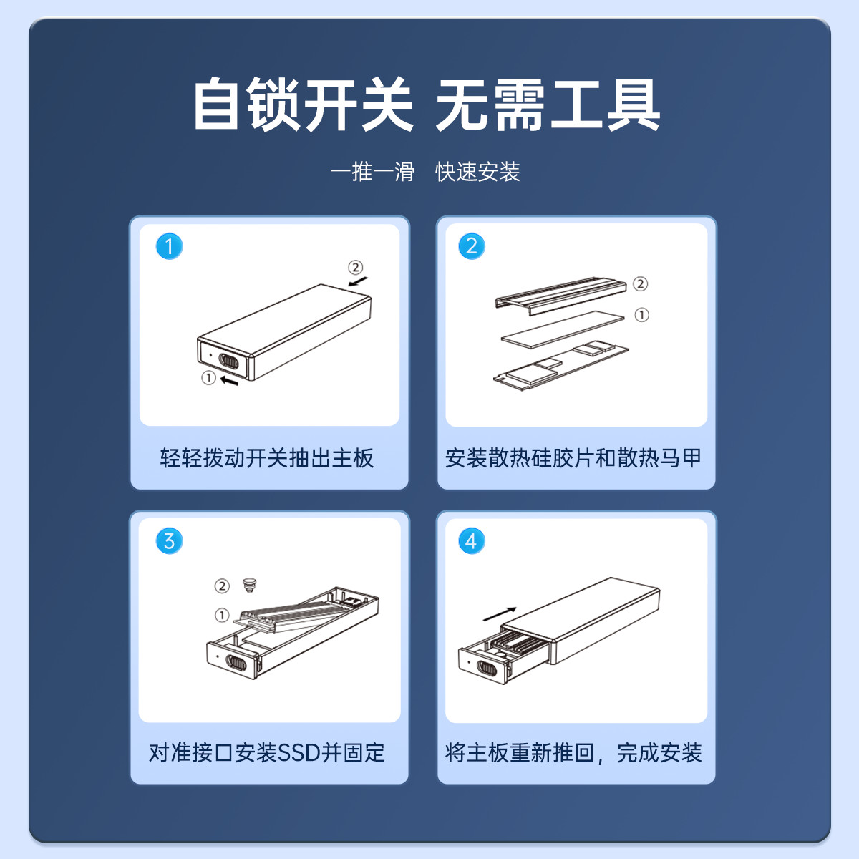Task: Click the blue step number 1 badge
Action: tap(169, 246)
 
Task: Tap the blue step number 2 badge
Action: tap(472, 246)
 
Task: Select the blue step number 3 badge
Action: tap(169, 541)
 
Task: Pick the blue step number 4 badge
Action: tap(472, 541)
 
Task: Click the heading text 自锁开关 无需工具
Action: tap(427, 105)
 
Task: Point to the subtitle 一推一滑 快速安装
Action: tap(424, 172)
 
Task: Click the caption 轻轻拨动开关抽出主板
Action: tap(267, 458)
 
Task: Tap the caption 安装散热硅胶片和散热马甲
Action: tap(573, 458)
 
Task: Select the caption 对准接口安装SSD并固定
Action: tap(266, 753)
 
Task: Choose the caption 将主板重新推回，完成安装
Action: tap(573, 753)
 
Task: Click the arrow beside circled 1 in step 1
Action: tap(230, 381)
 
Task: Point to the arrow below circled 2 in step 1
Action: tap(358, 282)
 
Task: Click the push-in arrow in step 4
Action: tap(500, 613)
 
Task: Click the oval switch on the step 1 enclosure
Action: tap(228, 361)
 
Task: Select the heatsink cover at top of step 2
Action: tap(560, 296)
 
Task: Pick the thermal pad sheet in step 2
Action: tap(563, 329)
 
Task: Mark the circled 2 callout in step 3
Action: tap(222, 586)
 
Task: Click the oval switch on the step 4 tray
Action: tap(486, 668)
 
